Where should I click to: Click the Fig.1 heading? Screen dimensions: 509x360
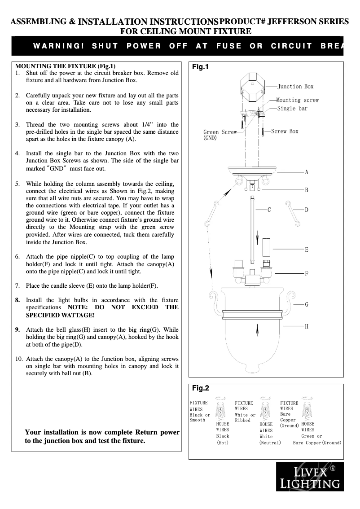201,67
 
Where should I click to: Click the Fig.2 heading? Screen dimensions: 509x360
201,388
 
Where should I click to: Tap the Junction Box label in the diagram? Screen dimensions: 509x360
295,87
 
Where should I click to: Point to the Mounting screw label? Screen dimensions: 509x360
297,100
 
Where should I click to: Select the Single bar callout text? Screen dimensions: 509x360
292,109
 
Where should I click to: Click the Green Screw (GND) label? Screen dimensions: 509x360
220,135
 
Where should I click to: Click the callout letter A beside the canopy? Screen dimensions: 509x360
307,172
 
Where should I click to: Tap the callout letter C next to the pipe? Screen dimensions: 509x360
269,210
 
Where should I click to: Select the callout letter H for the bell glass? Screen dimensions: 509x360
307,326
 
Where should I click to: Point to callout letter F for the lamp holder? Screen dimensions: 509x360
307,273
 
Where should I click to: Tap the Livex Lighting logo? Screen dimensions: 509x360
310,477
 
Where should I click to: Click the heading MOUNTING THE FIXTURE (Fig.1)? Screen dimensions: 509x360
66,66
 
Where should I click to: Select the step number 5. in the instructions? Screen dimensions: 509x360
18,184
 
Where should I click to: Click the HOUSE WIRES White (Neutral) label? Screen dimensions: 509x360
269,433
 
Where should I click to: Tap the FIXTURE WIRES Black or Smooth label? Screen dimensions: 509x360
200,412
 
